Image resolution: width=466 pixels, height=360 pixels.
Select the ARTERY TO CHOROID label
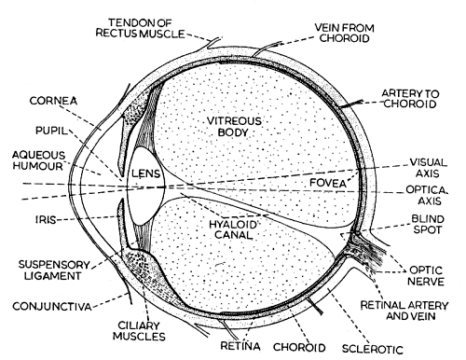click(417, 98)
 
